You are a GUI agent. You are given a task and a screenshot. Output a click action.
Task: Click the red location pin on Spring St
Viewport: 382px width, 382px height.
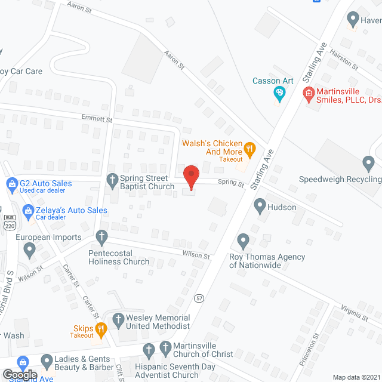(x=190, y=177)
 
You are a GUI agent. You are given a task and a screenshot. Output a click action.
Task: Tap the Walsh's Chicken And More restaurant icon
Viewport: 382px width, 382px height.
(x=250, y=148)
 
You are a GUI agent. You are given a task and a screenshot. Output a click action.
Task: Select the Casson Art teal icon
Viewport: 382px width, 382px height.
(x=279, y=93)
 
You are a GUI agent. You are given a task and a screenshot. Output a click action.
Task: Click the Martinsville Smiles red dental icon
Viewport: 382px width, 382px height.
(x=308, y=93)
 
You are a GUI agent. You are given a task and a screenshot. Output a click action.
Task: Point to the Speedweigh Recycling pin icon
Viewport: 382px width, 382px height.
(x=369, y=162)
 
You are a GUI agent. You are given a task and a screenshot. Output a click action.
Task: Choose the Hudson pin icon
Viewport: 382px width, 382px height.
(x=260, y=207)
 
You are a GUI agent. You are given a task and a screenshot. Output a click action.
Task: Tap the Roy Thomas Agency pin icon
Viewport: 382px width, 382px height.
(x=242, y=241)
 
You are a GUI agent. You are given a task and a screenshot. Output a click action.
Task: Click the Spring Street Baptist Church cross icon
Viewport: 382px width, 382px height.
(x=112, y=179)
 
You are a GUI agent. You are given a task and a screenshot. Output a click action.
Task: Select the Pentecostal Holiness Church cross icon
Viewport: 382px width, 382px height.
(x=101, y=238)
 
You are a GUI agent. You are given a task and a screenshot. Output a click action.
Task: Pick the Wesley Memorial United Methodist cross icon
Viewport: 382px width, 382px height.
(x=118, y=320)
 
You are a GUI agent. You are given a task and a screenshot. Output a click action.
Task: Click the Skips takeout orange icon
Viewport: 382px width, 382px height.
(x=101, y=327)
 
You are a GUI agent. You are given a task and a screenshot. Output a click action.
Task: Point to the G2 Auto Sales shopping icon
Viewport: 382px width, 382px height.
(x=11, y=184)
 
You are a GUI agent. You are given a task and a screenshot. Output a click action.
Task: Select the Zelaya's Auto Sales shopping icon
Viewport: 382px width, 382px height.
(x=27, y=211)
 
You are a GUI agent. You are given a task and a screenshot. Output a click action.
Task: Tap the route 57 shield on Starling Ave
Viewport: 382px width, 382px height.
(x=198, y=297)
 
